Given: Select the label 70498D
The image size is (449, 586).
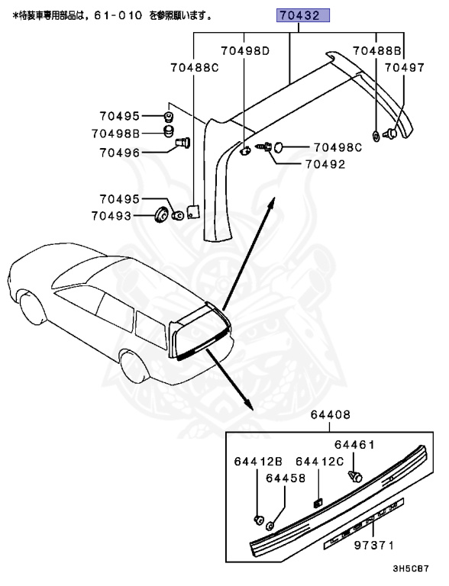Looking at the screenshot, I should (246, 51).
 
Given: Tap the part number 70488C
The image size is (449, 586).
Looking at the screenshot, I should (194, 68).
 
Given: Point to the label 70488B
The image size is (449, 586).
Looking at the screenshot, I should (377, 51).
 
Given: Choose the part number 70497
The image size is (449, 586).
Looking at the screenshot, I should (404, 68).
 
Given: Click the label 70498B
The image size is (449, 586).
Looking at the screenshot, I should (115, 134).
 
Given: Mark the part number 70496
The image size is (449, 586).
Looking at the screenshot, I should (119, 153).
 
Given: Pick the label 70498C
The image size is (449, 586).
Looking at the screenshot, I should (338, 147).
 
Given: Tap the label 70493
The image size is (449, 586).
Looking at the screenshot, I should (115, 216).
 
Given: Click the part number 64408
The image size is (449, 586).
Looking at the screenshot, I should (330, 415).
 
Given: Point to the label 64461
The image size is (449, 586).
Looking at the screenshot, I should (354, 444).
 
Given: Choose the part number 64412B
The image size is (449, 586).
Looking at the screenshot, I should (257, 462).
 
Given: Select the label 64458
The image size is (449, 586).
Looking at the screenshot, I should (286, 478).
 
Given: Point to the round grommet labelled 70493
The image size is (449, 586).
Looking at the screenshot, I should (161, 214).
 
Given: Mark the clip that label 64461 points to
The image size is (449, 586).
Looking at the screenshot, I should (354, 475).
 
